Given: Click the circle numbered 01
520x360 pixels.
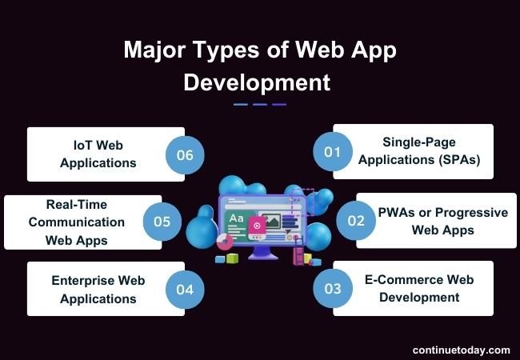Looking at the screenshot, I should (x=333, y=150).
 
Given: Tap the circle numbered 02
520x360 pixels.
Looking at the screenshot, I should (x=356, y=221).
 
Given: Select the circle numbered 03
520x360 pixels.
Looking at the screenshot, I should (x=333, y=288).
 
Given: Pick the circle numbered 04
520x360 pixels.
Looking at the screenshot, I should (x=185, y=288).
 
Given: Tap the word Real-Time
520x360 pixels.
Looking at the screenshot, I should (x=76, y=205).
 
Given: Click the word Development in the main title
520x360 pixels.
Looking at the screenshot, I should (x=257, y=82).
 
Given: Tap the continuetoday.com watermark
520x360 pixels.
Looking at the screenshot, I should (x=461, y=350).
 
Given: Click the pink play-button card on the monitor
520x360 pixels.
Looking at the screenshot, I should (x=256, y=225).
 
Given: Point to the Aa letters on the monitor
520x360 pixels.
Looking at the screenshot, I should (x=236, y=218).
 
